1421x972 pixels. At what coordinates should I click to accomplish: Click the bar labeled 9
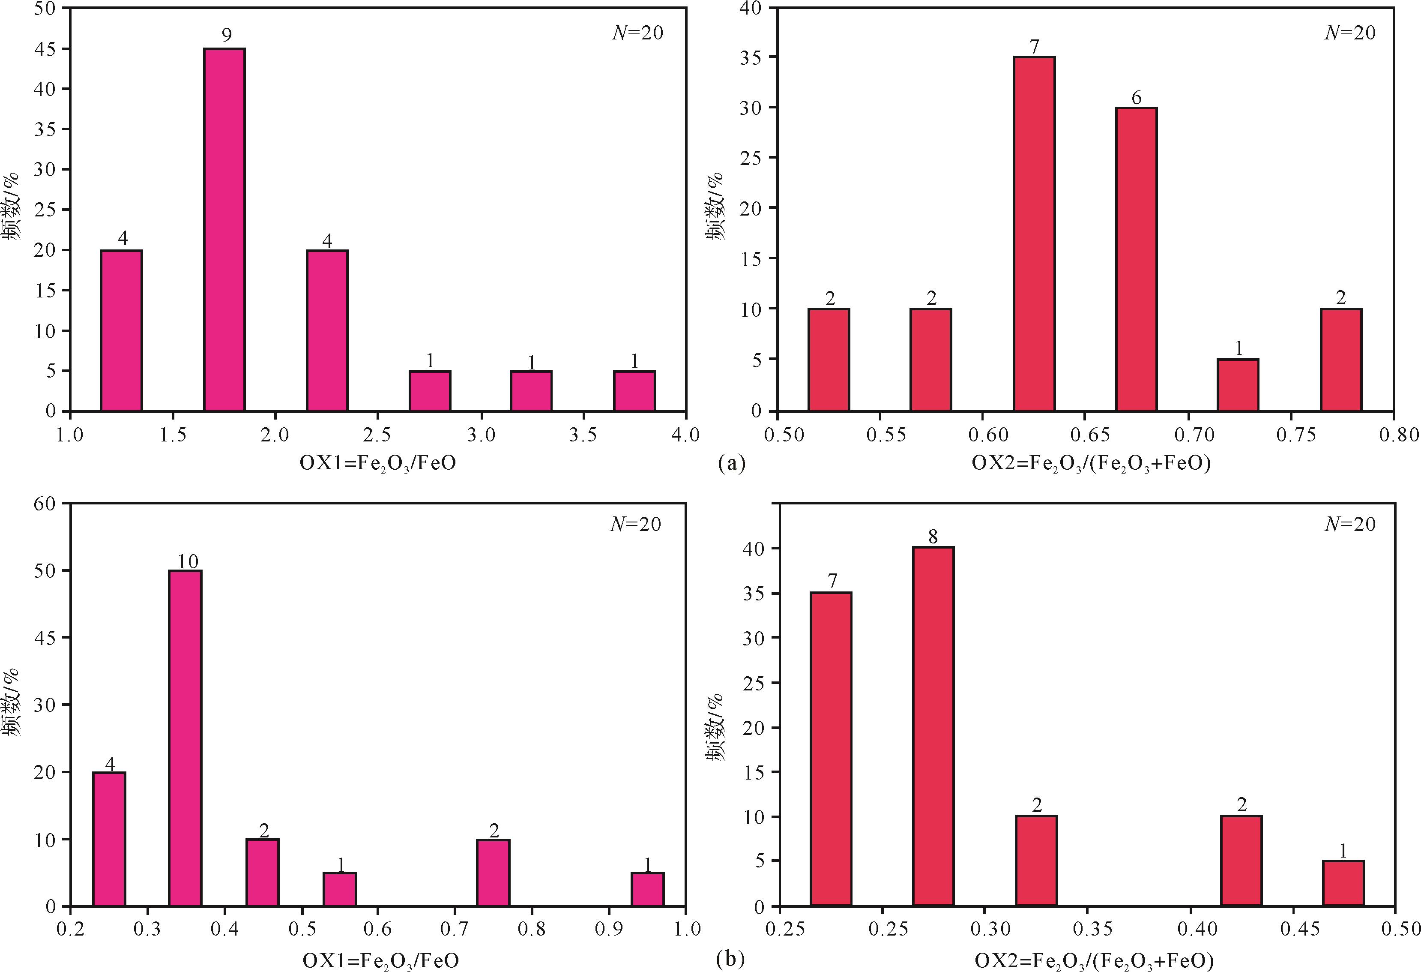pyautogui.click(x=224, y=229)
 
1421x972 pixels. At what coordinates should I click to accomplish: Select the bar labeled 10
pyautogui.click(x=185, y=738)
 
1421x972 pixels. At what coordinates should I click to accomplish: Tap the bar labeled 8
pyautogui.click(x=933, y=726)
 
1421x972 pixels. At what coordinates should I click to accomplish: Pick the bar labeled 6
pyautogui.click(x=1136, y=259)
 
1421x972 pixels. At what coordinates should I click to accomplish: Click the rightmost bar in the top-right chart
pyautogui.click(x=1341, y=360)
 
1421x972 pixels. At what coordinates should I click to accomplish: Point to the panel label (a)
pyautogui.click(x=732, y=463)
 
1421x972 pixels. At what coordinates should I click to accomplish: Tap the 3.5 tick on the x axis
pyautogui.click(x=583, y=435)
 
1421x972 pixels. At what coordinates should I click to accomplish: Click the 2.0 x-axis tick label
pyautogui.click(x=275, y=435)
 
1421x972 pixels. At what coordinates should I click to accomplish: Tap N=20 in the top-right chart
pyautogui.click(x=1350, y=33)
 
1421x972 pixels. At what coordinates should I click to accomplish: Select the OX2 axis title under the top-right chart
pyautogui.click(x=1091, y=463)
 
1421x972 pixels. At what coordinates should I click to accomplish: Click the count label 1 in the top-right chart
pyautogui.click(x=1239, y=348)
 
